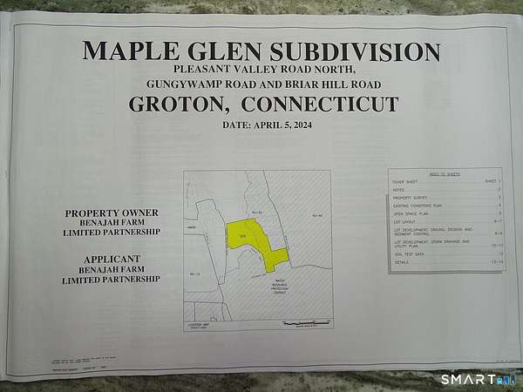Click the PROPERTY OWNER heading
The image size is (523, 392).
(x=112, y=213)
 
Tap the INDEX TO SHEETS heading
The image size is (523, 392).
(x=445, y=174)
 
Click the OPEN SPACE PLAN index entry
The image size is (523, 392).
(x=411, y=213)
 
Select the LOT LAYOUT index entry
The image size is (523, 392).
(x=406, y=221)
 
